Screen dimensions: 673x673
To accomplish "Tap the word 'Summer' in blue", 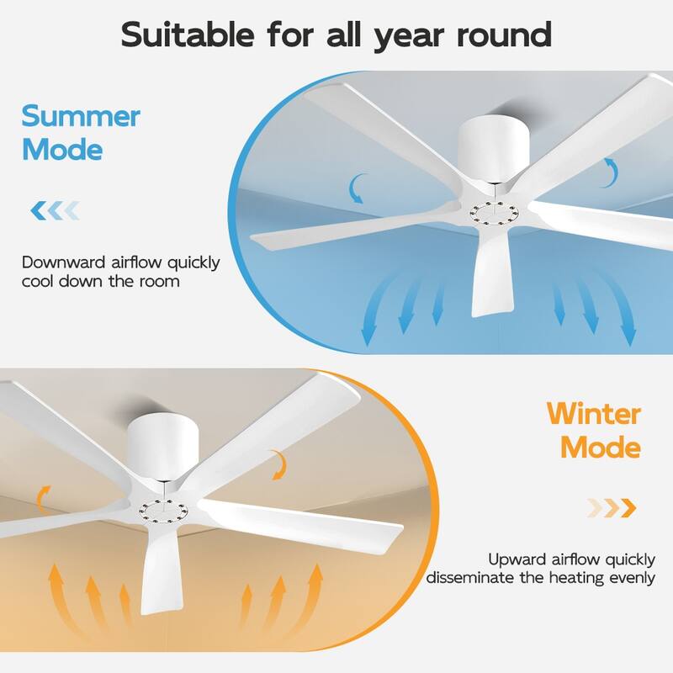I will (81, 116).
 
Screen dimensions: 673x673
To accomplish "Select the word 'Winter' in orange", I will (594, 414).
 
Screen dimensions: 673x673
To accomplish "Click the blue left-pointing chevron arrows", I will (55, 209).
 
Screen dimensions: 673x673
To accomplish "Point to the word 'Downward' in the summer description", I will (63, 262).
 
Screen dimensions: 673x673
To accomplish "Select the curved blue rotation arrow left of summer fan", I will (359, 188).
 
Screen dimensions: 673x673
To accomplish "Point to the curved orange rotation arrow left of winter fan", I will (44, 495).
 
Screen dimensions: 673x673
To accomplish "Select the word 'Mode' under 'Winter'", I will (601, 447).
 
